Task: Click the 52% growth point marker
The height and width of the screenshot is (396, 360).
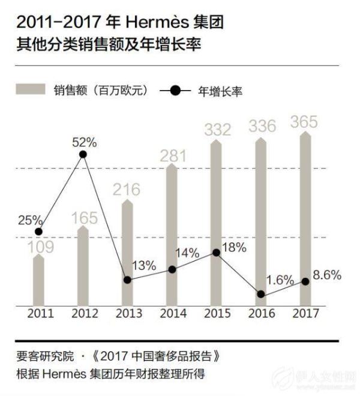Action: pyautogui.click(x=83, y=155)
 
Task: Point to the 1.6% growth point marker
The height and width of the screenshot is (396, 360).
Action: pyautogui.click(x=260, y=294)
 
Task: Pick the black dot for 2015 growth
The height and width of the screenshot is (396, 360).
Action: pyautogui.click(x=217, y=252)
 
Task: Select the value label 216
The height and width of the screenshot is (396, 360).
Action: pyautogui.click(x=127, y=190)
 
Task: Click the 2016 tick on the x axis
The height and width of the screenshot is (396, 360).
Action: pyautogui.click(x=260, y=314)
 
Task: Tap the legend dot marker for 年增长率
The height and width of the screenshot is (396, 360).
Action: pyautogui.click(x=175, y=91)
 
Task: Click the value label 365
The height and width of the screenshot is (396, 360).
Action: pyautogui.click(x=305, y=122)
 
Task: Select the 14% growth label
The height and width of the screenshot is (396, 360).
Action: pyautogui.click(x=187, y=253)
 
